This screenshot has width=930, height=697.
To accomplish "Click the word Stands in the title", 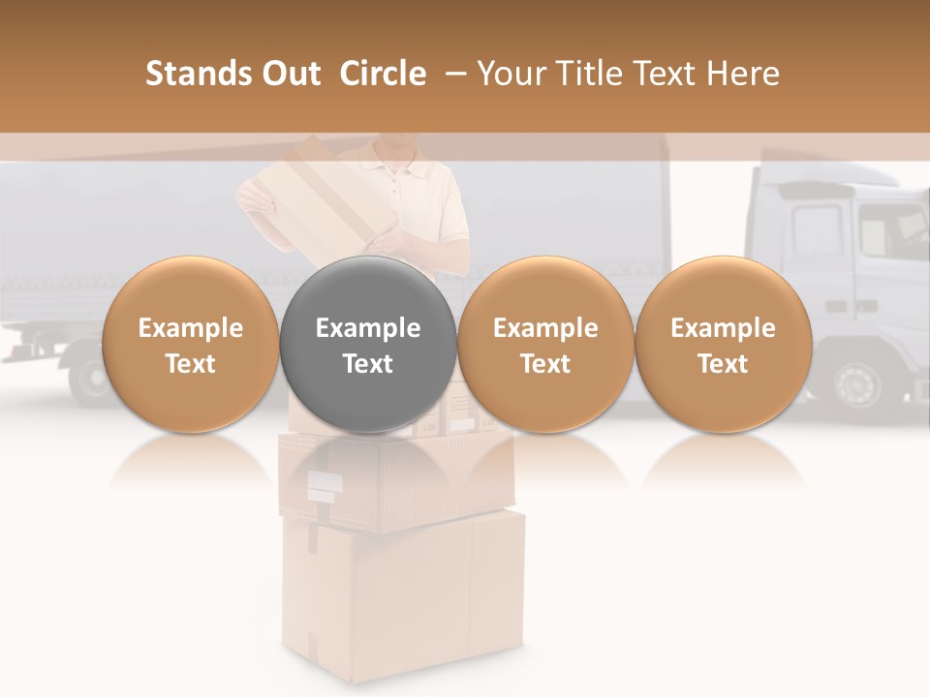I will coord(196,74).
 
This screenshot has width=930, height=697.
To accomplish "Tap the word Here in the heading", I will coord(743,74).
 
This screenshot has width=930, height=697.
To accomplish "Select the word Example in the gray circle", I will coord(367,328).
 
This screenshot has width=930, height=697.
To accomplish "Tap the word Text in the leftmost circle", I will coord(190,364).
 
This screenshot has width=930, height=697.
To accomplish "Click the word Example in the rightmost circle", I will coord(723,328).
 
